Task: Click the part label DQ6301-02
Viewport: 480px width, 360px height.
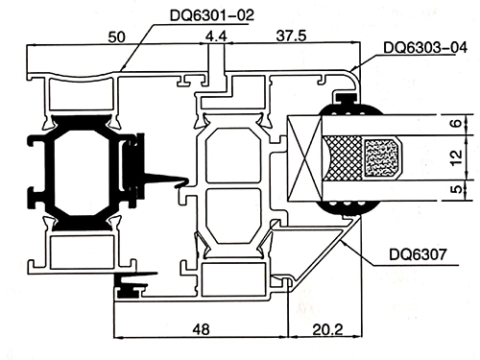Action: [x=212, y=15]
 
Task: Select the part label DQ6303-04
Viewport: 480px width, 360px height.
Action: [x=425, y=48]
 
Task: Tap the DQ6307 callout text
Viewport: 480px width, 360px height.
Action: [x=418, y=254]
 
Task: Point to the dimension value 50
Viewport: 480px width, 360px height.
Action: [x=116, y=37]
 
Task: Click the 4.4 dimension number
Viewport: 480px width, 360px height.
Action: [x=216, y=36]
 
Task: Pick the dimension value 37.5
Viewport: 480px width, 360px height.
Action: [x=291, y=36]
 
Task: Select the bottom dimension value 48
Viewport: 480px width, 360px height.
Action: [x=202, y=328]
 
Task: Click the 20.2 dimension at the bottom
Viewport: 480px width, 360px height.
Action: [x=327, y=329]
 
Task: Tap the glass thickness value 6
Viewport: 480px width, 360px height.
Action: [x=457, y=123]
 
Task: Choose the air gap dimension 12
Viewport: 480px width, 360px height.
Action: [x=457, y=157]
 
